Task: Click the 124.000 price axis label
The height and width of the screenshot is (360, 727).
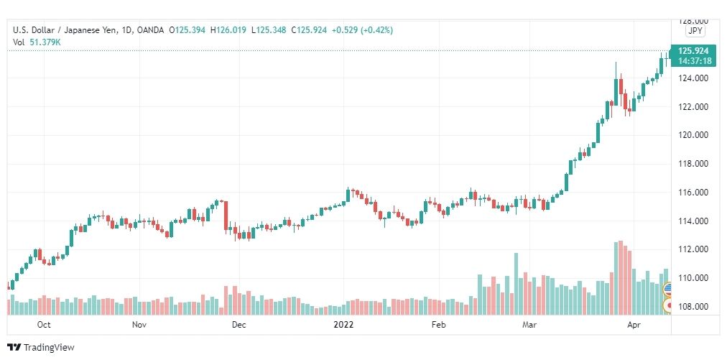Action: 694,78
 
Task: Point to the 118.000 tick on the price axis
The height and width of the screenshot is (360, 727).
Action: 694,164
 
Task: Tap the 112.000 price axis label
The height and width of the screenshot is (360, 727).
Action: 694,249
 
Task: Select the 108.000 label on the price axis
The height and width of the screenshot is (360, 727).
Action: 694,307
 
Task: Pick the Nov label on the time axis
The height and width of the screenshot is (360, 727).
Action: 139,325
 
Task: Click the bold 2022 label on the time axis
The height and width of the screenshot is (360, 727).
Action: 344,325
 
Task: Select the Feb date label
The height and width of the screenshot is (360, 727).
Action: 438,325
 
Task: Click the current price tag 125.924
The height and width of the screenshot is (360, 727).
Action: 693,51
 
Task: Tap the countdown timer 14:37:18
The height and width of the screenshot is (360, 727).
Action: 693,61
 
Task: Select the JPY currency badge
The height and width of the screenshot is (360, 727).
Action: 695,31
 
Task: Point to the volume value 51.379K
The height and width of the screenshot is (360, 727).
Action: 45,42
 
